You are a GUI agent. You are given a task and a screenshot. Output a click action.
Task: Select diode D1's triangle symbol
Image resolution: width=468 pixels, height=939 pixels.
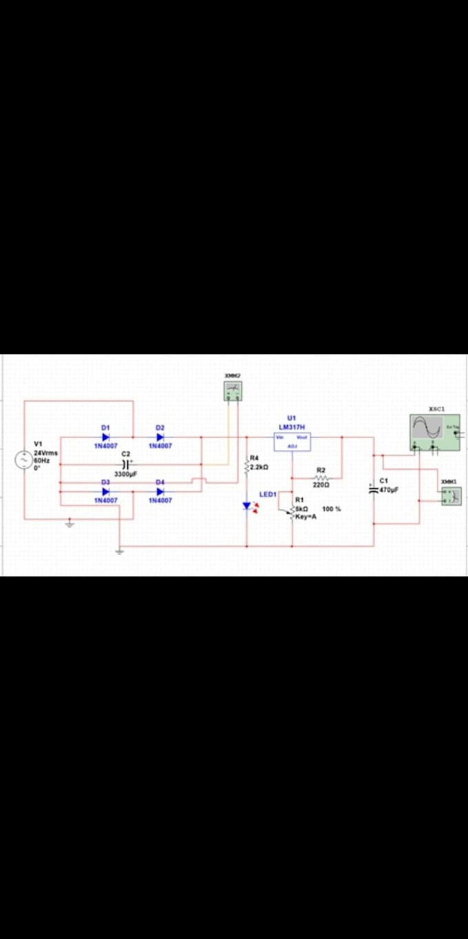coord(106,437)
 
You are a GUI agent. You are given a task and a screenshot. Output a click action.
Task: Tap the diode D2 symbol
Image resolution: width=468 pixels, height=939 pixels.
coord(160,437)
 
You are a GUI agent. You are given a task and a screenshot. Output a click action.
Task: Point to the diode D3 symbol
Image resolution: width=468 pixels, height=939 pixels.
coord(106,491)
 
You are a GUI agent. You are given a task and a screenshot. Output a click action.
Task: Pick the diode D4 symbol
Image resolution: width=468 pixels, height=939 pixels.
coord(160,491)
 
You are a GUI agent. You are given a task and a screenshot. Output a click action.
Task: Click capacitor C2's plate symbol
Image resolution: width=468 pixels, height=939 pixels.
coord(125,464)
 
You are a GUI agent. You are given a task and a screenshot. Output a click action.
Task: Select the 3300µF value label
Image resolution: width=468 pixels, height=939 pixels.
coord(125,475)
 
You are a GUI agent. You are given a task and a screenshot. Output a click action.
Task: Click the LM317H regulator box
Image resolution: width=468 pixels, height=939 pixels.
coord(292,442)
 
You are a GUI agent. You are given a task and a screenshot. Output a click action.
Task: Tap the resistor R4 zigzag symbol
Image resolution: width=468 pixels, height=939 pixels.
coord(246,466)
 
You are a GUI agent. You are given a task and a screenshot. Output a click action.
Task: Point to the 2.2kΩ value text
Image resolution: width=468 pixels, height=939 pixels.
coord(259,467)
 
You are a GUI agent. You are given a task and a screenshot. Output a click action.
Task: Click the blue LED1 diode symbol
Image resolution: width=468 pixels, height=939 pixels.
coord(247,506)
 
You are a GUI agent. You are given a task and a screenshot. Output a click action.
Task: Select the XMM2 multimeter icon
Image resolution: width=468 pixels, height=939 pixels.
coord(233,391)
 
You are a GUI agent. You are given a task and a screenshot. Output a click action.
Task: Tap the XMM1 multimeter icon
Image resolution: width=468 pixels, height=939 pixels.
coord(451,495)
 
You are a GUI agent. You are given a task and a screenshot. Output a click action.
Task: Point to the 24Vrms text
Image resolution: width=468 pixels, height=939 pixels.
coord(46,453)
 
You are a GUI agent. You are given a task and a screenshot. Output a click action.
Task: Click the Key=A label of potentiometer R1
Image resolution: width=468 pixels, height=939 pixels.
coord(306,516)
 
